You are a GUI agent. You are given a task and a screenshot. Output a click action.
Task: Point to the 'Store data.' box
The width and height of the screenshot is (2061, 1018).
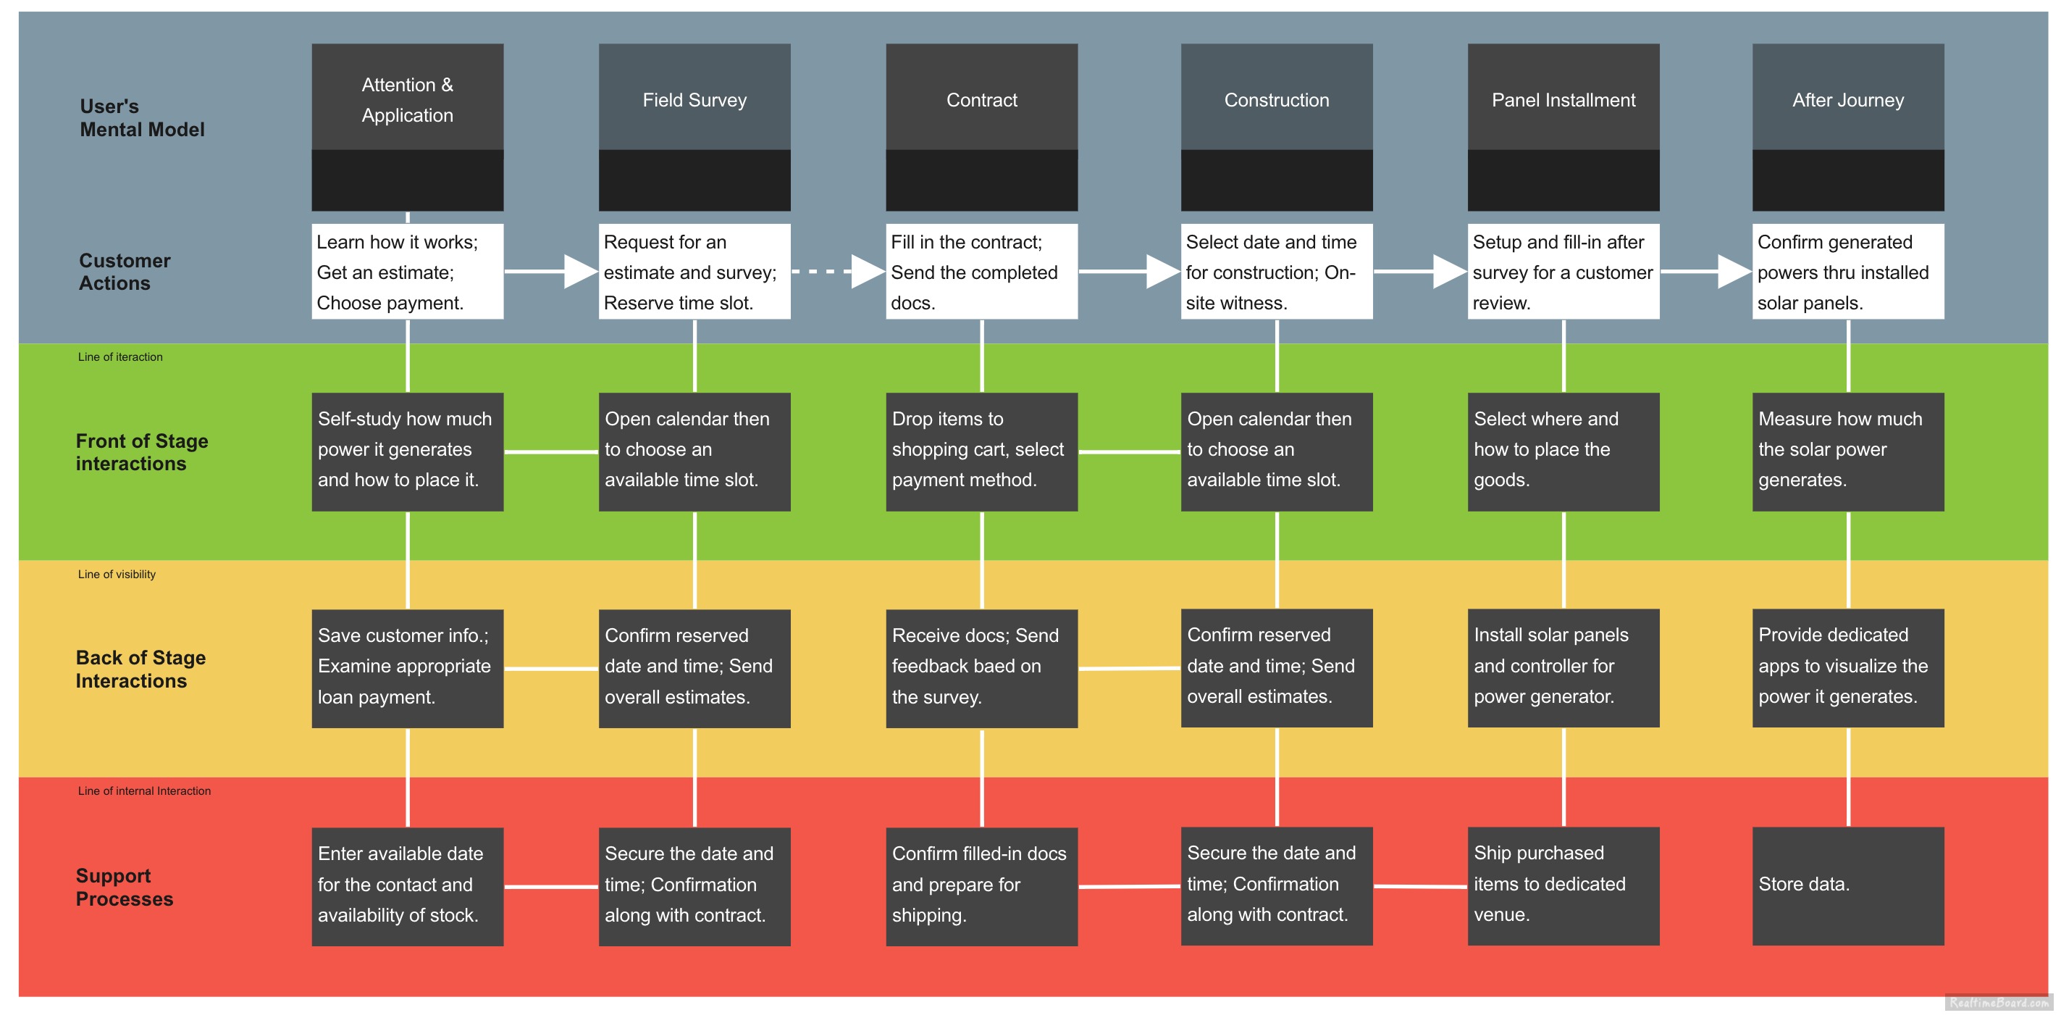[1847, 885]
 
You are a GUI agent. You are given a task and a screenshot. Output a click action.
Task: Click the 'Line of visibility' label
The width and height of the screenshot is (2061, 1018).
[117, 574]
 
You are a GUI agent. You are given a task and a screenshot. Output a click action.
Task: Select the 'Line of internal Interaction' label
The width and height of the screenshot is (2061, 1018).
[144, 790]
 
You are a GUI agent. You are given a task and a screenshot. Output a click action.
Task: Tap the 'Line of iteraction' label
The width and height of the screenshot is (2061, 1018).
[120, 357]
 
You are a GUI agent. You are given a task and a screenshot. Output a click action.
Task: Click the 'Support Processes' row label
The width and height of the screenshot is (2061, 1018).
[124, 887]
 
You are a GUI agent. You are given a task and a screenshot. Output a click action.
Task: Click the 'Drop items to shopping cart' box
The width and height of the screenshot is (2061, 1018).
[981, 451]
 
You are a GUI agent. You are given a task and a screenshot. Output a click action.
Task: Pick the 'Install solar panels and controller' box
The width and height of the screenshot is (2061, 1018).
[1563, 667]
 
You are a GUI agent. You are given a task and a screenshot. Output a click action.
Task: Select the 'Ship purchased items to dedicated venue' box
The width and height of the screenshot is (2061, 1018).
[1563, 885]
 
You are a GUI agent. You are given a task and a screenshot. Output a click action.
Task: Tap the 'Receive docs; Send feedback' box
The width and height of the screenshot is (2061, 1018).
[981, 667]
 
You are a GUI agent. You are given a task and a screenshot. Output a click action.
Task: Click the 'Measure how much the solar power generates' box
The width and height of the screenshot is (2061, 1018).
[1847, 451]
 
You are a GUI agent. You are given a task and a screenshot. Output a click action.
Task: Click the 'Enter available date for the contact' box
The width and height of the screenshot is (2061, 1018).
[407, 885]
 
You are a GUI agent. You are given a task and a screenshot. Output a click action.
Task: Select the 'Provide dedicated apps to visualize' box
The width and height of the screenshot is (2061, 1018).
[1847, 667]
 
